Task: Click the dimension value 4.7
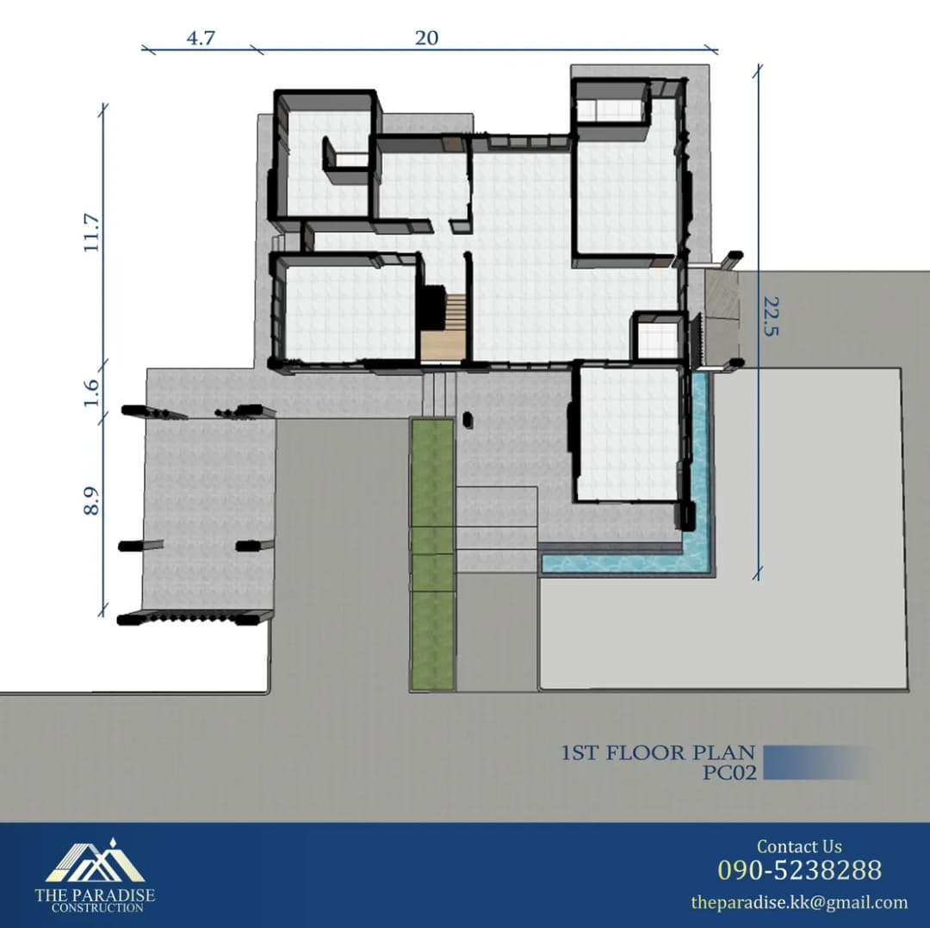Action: pyautogui.click(x=201, y=38)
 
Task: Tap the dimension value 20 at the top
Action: pyautogui.click(x=426, y=38)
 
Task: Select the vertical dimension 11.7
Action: pyautogui.click(x=91, y=233)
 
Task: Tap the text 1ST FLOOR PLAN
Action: pyautogui.click(x=659, y=753)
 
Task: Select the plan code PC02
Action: pyautogui.click(x=729, y=773)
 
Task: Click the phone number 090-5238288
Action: pyautogui.click(x=799, y=869)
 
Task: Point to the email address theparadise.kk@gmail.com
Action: pyautogui.click(x=799, y=902)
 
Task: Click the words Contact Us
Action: pyautogui.click(x=799, y=846)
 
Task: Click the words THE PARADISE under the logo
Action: pyautogui.click(x=95, y=894)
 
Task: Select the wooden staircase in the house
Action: pyautogui.click(x=443, y=326)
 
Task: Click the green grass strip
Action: pyautogui.click(x=433, y=554)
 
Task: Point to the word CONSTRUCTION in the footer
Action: pyautogui.click(x=97, y=907)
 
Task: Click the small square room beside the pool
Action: pyautogui.click(x=656, y=336)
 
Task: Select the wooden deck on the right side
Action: pyautogui.click(x=722, y=318)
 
